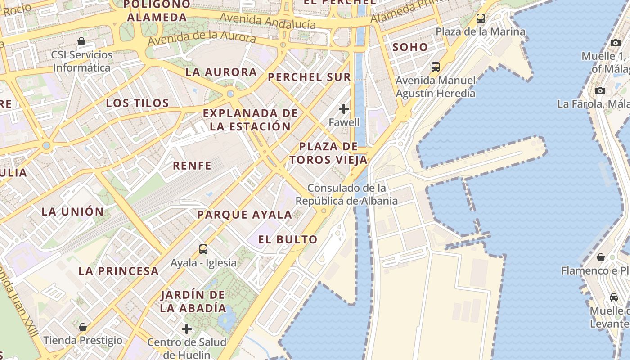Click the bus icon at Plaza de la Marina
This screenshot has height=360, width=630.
[x=481, y=18]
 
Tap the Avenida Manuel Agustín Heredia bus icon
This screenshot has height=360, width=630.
[x=435, y=67]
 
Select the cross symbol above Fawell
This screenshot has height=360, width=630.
[x=344, y=108]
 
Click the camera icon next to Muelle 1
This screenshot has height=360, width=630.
[x=615, y=43]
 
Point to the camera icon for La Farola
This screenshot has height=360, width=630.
[x=600, y=90]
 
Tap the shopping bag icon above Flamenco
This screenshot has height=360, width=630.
[x=600, y=257]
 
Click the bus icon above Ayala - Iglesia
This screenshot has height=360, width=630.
[x=203, y=249]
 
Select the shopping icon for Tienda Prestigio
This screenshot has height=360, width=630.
[x=83, y=327]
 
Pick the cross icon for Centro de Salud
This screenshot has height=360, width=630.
[x=187, y=329]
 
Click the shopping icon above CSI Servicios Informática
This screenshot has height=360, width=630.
[x=81, y=42]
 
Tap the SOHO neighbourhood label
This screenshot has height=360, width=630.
[x=410, y=47]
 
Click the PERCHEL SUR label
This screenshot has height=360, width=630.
[x=309, y=77]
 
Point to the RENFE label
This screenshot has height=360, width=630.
[x=192, y=166]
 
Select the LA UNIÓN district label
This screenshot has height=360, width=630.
[x=73, y=211]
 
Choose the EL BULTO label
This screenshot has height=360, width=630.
[x=288, y=239]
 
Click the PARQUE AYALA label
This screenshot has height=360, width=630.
[x=244, y=215]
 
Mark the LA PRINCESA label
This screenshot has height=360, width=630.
[x=118, y=271]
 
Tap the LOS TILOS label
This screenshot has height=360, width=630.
[x=137, y=103]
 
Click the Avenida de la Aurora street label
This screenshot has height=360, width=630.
[x=202, y=39]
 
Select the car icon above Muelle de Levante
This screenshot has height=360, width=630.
[x=613, y=297]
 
